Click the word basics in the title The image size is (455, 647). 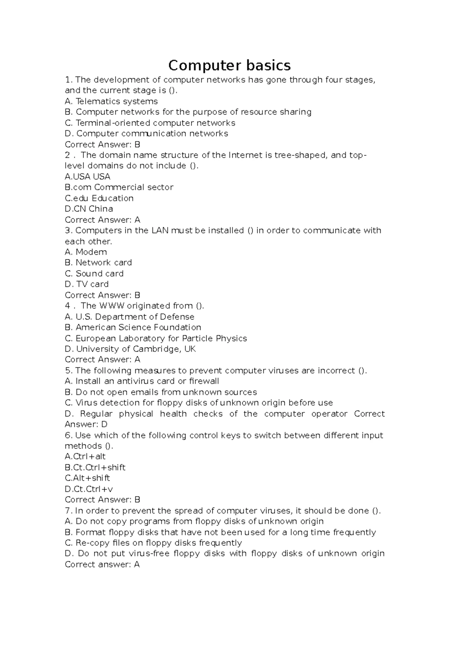click(x=268, y=66)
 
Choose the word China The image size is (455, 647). click(x=100, y=209)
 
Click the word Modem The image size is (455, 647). click(x=91, y=252)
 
